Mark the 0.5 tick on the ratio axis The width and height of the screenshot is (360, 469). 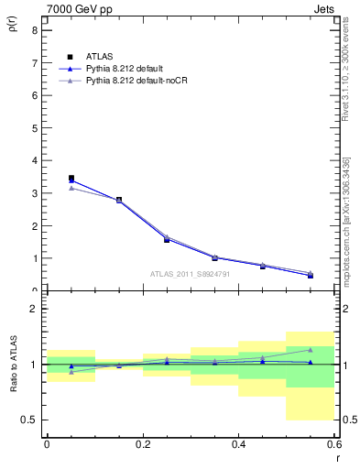31,420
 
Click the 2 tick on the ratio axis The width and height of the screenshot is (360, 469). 34,310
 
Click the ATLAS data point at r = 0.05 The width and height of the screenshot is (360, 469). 71,179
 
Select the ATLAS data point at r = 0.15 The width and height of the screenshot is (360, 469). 119,200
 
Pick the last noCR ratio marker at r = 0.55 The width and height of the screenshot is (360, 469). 311,349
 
